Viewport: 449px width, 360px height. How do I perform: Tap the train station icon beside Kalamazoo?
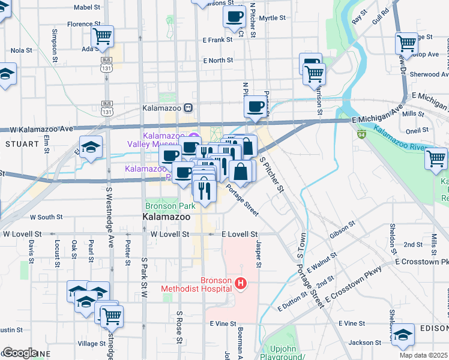click(x=188, y=108)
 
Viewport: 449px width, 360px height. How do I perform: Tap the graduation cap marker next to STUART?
click(x=91, y=147)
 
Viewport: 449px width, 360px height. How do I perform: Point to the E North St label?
click(x=218, y=61)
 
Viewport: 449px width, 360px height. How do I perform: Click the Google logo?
click(x=20, y=353)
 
